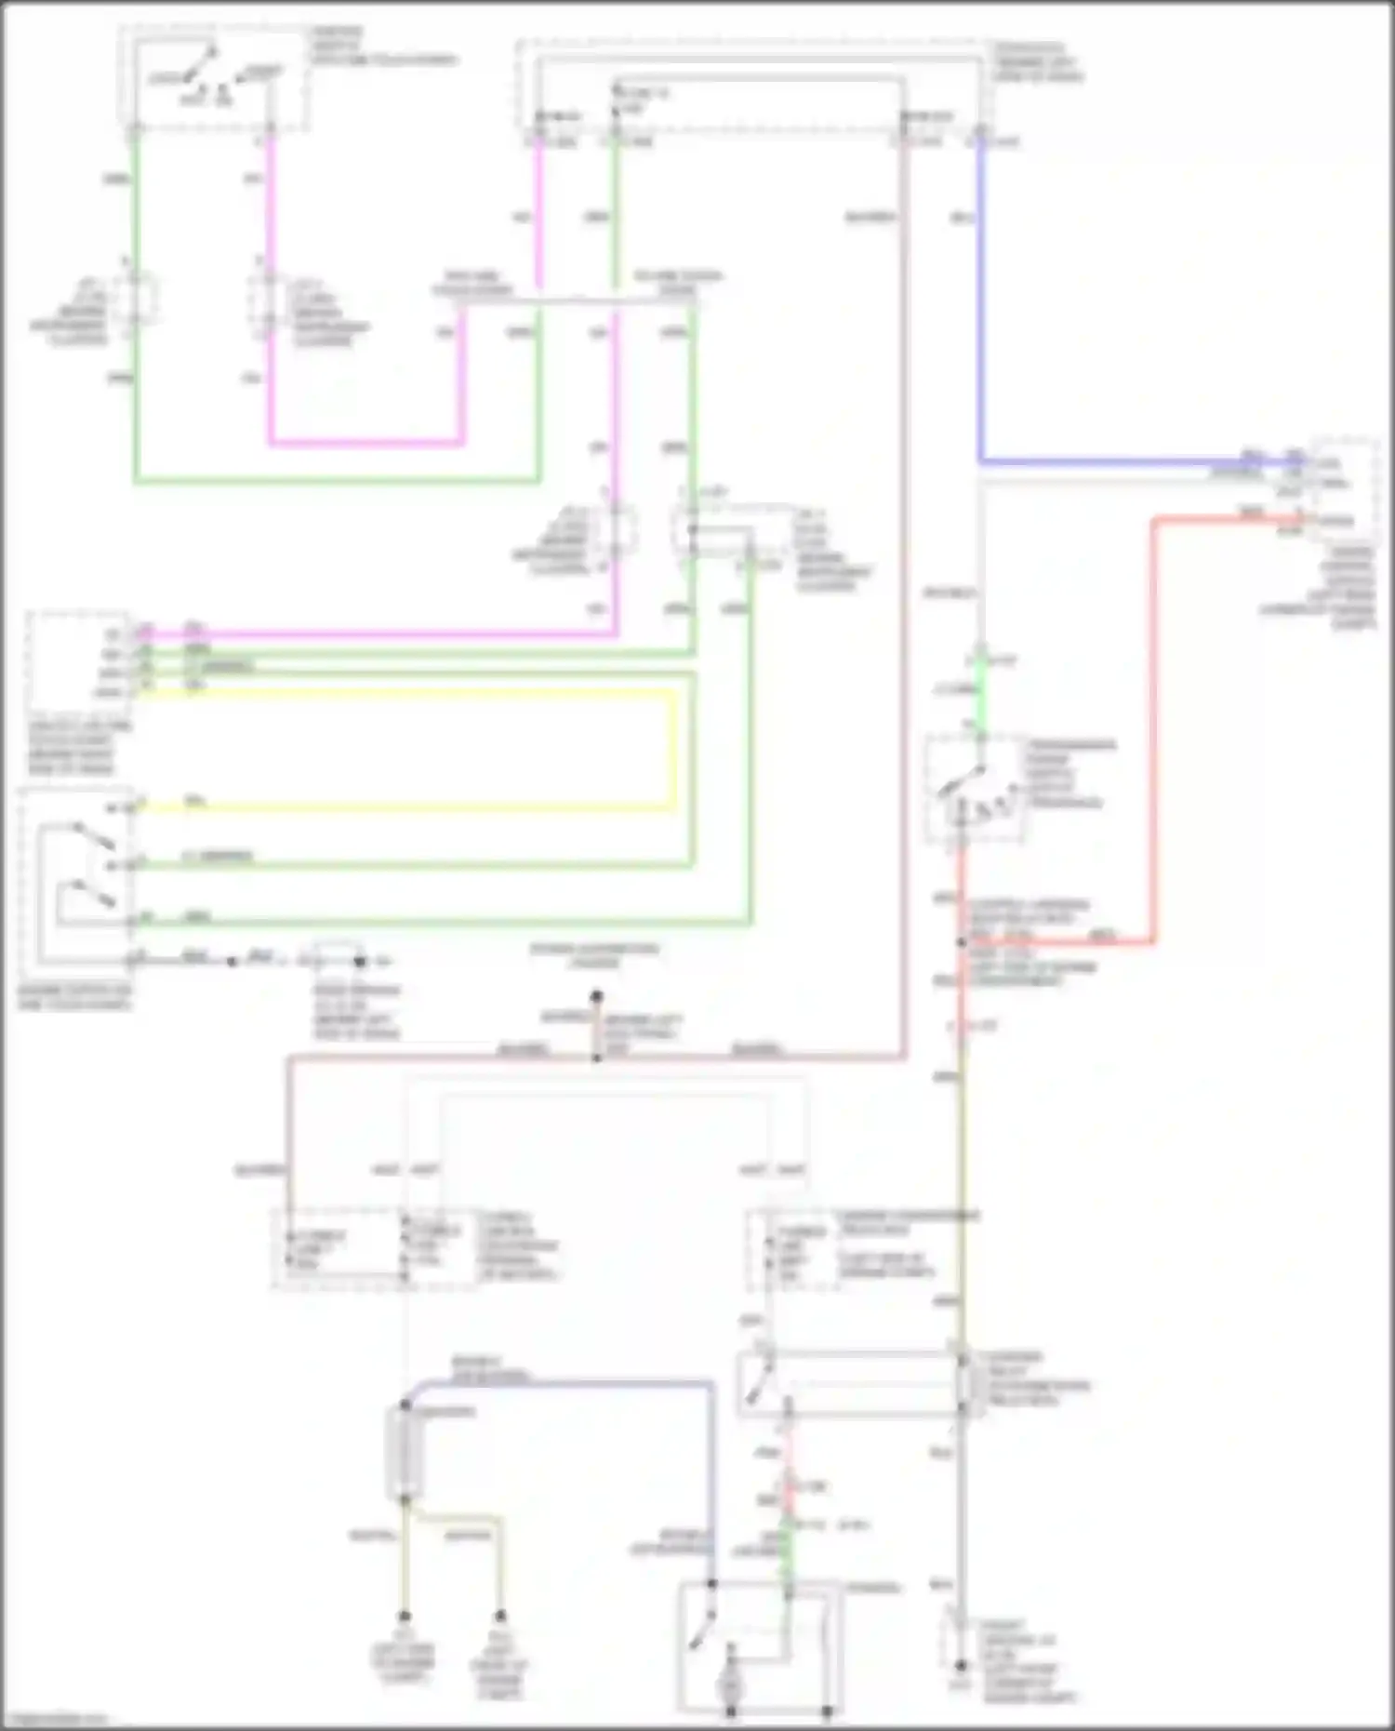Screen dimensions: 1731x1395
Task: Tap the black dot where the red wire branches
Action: click(x=962, y=942)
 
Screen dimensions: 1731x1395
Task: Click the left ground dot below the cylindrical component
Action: click(x=405, y=1617)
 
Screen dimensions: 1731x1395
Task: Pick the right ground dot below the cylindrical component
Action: click(x=500, y=1617)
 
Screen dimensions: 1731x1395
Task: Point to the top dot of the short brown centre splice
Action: click(x=596, y=996)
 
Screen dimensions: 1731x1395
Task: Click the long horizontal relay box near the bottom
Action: click(x=851, y=1384)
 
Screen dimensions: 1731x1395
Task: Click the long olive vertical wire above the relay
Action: click(x=963, y=1191)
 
